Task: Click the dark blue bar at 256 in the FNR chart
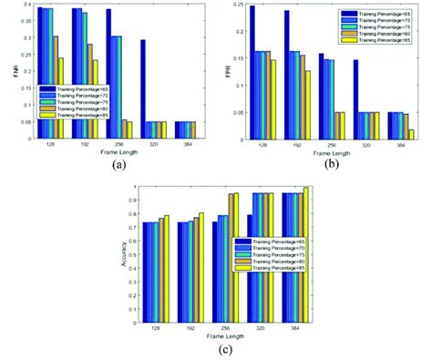(108, 73)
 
